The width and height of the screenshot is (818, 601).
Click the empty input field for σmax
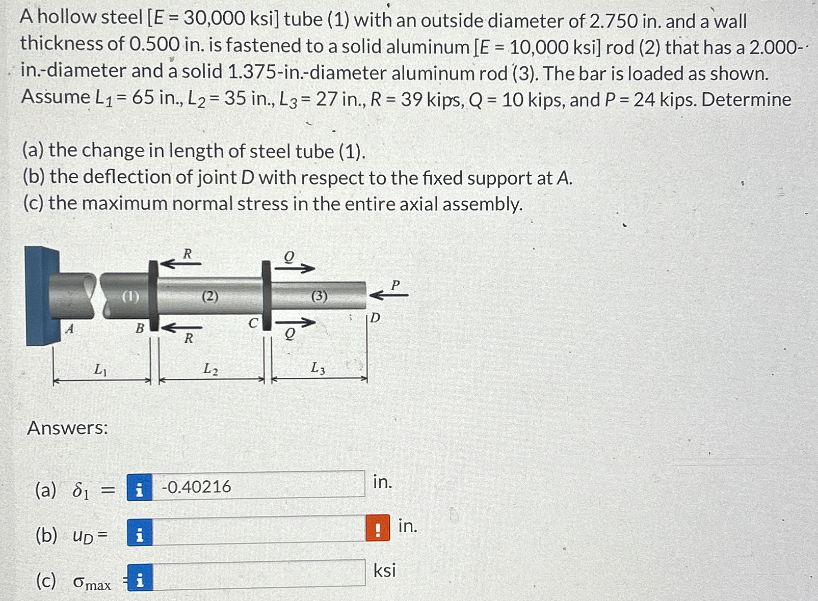[x=258, y=576]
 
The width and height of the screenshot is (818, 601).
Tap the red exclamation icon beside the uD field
[x=378, y=528]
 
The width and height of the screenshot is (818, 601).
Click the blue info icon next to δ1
[x=139, y=487]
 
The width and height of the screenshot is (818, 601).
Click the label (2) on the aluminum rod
[x=209, y=295]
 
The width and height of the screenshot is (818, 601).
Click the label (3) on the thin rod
[x=319, y=295]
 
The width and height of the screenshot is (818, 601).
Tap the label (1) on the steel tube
[x=130, y=296]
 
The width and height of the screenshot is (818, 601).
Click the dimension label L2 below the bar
[x=210, y=368]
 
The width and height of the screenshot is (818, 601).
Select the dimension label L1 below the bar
[x=100, y=369]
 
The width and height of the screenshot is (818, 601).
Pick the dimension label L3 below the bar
[x=318, y=368]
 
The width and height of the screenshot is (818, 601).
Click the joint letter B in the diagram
[x=140, y=329]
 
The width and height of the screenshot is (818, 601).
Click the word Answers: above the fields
[x=67, y=428]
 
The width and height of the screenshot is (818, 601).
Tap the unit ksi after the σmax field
[x=384, y=570]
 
